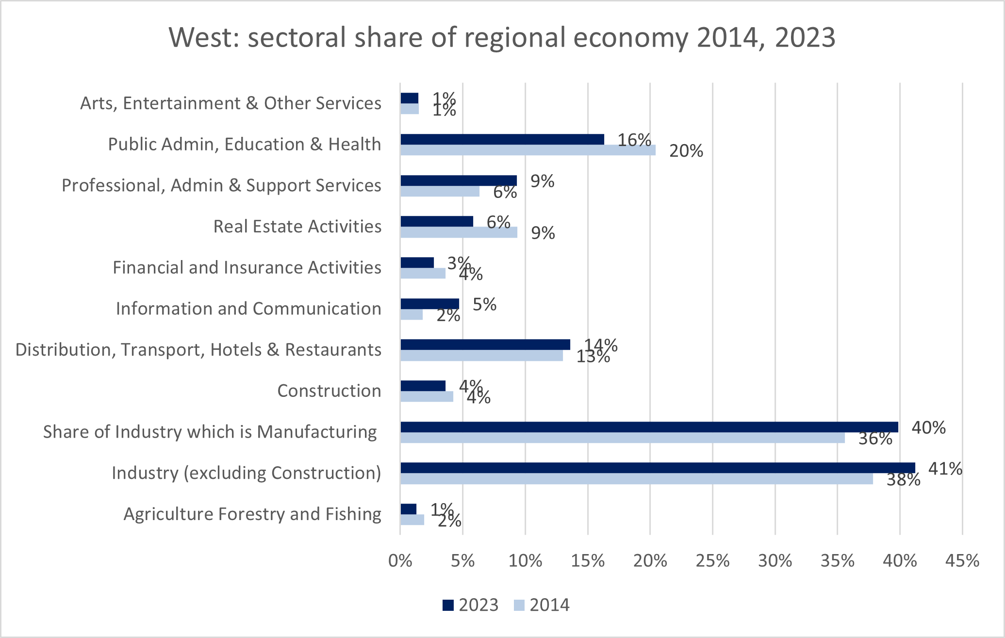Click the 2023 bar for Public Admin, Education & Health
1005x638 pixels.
click(502, 140)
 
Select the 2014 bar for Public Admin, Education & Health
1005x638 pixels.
click(528, 150)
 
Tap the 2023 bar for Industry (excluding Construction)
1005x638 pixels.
click(658, 468)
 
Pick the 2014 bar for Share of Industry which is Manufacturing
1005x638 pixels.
click(623, 438)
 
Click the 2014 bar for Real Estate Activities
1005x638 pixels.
click(459, 232)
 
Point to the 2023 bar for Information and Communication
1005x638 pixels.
click(429, 304)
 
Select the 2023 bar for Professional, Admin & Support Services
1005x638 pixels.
click(459, 181)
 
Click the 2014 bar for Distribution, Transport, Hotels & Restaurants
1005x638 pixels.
click(481, 356)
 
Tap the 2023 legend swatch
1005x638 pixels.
click(448, 605)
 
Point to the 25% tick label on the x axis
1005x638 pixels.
click(712, 561)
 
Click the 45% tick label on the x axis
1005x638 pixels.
click(962, 561)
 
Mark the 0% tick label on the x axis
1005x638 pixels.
click(400, 561)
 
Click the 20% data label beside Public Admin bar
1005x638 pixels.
click(686, 151)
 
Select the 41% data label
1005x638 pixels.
click(945, 469)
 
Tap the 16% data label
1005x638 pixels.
click(634, 140)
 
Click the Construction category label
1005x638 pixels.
click(329, 391)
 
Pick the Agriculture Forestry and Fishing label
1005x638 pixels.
click(252, 514)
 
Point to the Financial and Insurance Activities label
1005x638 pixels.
click(247, 268)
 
